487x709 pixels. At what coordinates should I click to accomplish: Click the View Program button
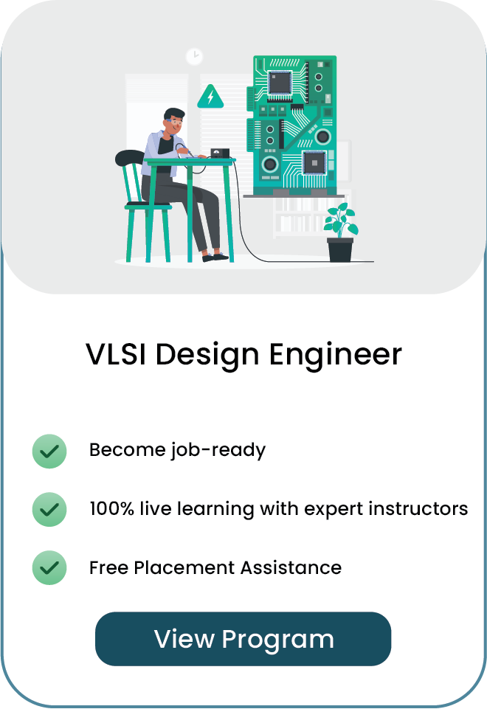point(243,638)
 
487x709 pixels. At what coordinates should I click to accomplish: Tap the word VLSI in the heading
point(116,354)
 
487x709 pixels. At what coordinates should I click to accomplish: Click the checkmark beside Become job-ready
point(49,451)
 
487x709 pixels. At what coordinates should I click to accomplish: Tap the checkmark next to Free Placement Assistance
point(49,567)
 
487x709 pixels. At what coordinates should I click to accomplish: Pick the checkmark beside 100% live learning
point(49,509)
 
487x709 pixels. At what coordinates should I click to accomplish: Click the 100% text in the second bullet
point(111,508)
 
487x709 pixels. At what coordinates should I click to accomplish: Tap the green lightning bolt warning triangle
point(210,97)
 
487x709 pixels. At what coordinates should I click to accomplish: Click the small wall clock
point(195,57)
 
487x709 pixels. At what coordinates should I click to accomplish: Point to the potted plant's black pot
point(340,250)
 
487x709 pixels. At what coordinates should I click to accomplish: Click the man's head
point(173,121)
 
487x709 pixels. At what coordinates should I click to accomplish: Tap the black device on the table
point(220,153)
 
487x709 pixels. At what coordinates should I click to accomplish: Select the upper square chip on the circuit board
point(280,83)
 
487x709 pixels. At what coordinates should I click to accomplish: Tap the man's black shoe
point(215,257)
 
